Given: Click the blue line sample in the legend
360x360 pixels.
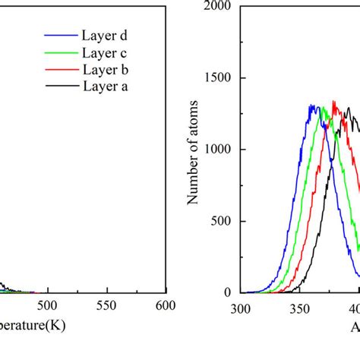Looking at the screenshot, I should (x=60, y=36).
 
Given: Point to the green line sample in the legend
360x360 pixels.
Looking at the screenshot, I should (x=60, y=52).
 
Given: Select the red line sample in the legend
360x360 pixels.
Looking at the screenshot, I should (x=60, y=70).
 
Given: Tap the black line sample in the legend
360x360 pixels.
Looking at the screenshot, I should (x=60, y=87).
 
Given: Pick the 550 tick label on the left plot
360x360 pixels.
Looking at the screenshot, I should (x=107, y=305).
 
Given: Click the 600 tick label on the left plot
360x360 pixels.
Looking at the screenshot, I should (x=165, y=305).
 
